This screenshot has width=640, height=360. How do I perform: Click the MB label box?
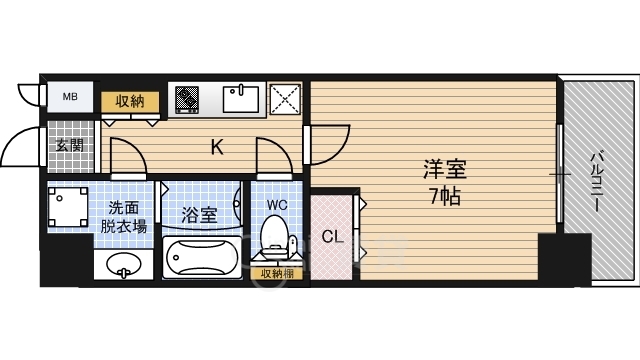(70, 97)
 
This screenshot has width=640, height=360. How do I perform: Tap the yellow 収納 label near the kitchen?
(129, 100)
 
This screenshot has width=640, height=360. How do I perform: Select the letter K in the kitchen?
(216, 149)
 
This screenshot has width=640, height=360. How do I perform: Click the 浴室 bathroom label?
(199, 214)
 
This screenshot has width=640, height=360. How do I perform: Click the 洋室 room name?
(445, 170)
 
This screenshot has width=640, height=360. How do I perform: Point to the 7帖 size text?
(445, 196)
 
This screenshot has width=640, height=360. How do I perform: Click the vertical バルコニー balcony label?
(594, 181)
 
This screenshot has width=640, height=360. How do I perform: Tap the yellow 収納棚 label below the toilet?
(277, 273)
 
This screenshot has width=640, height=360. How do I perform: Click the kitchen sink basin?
(242, 99)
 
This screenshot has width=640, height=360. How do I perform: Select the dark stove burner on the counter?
(187, 99)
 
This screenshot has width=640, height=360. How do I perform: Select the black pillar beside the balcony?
(551, 258)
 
